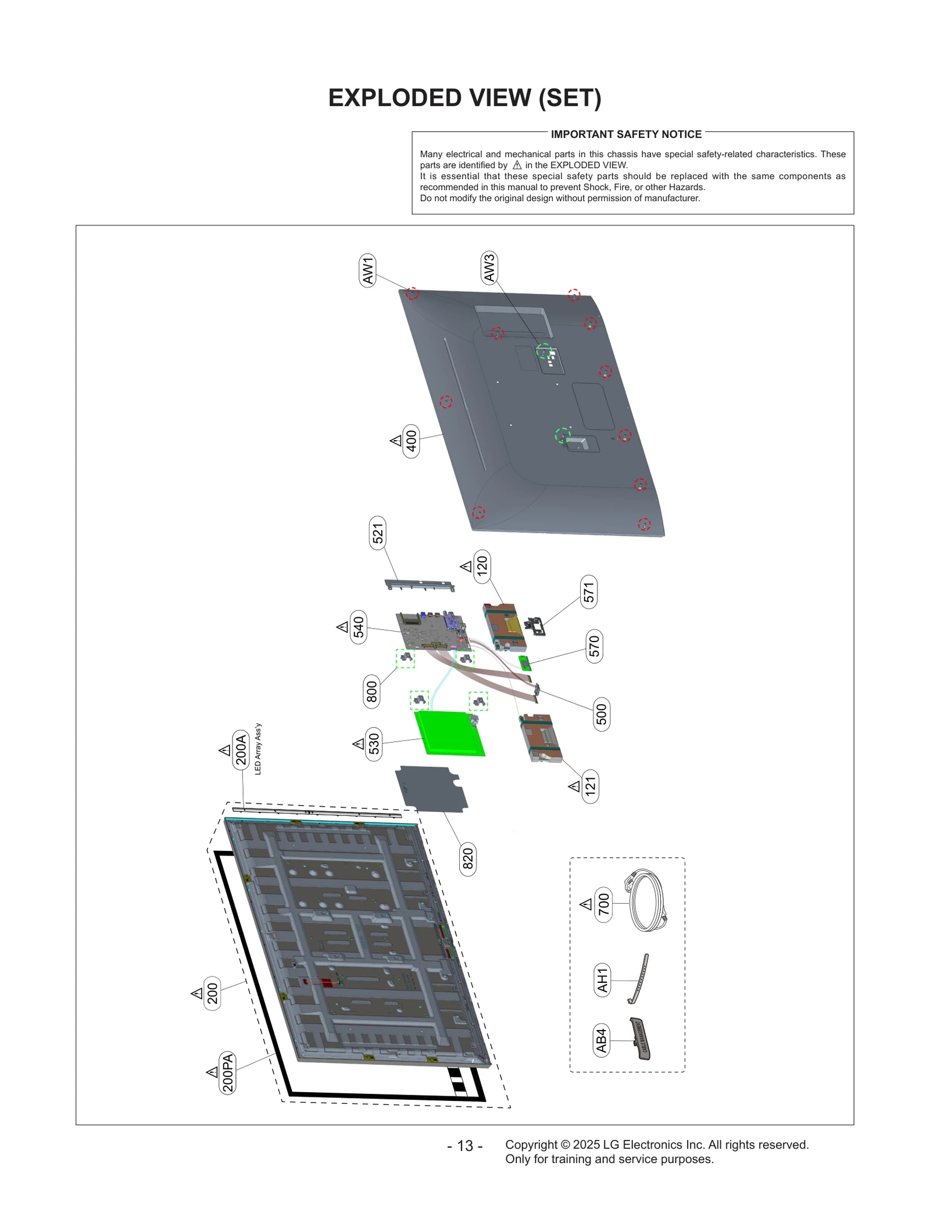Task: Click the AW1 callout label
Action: coord(367,270)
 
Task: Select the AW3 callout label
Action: coord(489,268)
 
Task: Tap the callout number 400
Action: coord(411,441)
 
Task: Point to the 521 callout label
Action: coord(378,533)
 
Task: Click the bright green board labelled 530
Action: coord(449,733)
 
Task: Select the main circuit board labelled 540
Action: coord(433,631)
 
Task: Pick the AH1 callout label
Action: coord(602,980)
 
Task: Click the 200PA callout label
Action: coord(228,1072)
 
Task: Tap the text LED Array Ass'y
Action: coord(258,749)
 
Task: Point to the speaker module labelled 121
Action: coord(541,737)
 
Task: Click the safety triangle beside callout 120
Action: coord(466,566)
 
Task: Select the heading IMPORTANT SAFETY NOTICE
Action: coord(626,134)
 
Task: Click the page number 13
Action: coord(464,1146)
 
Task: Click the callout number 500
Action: coord(602,714)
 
